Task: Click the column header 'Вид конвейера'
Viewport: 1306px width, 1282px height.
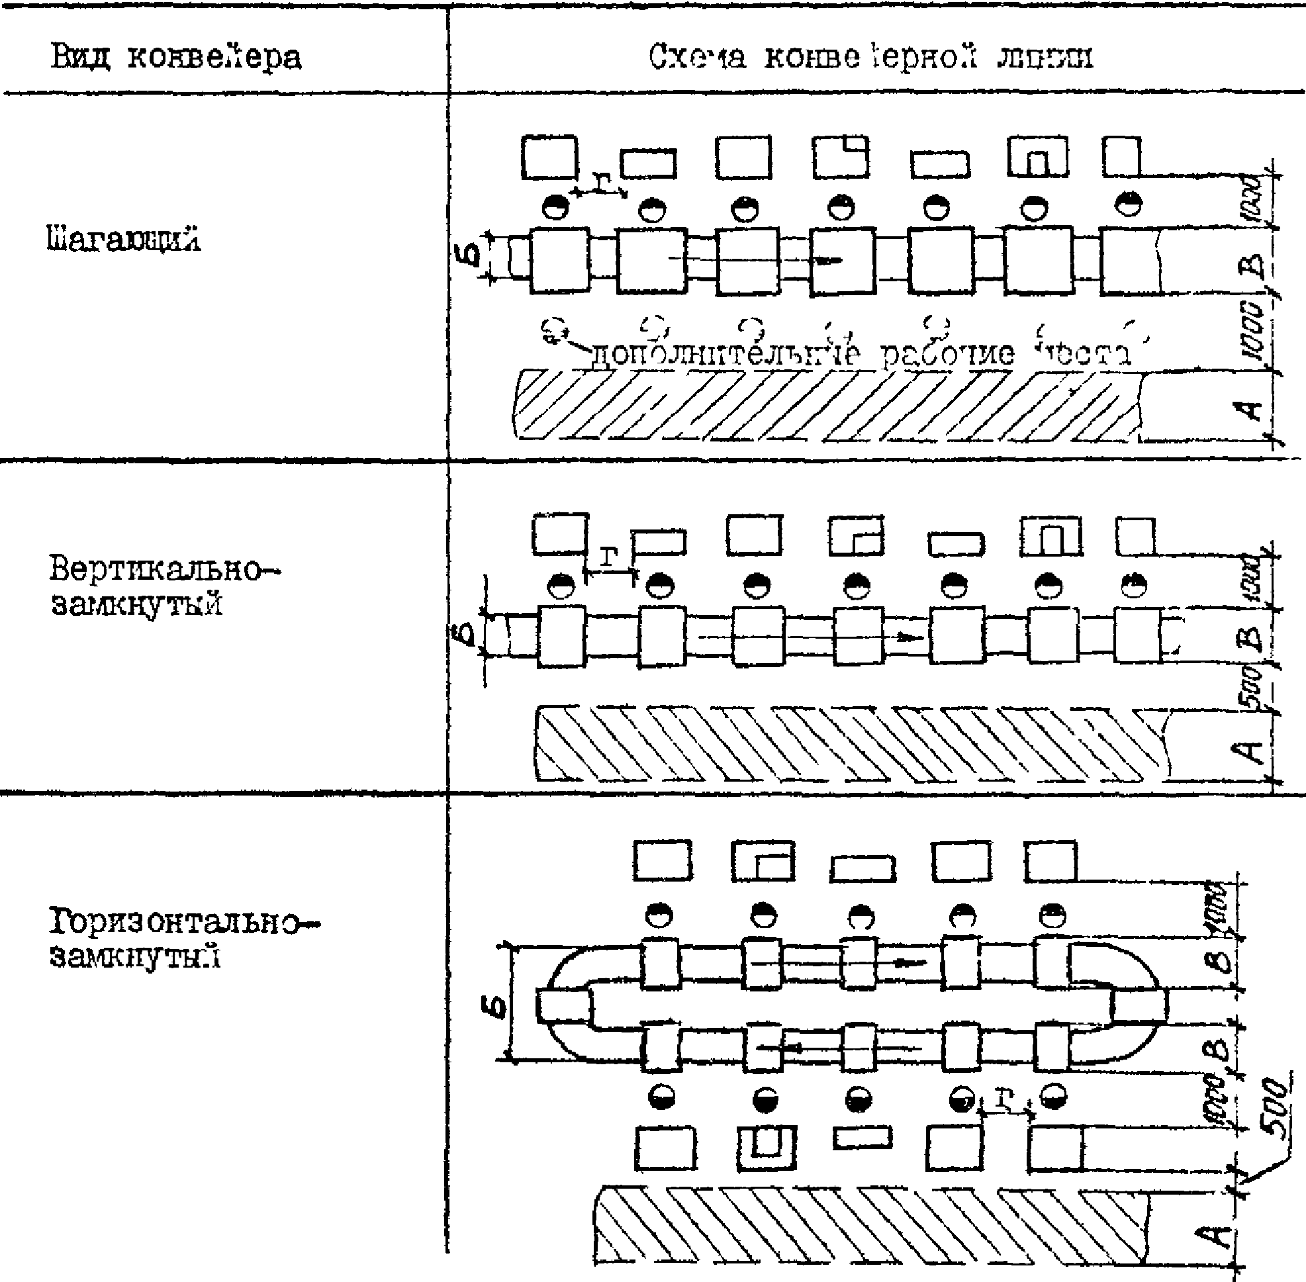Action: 177,58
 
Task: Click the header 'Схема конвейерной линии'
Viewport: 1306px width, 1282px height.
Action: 870,56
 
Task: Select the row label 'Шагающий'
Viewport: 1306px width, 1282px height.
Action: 124,240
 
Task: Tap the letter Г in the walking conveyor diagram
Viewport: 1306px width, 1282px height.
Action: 602,181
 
